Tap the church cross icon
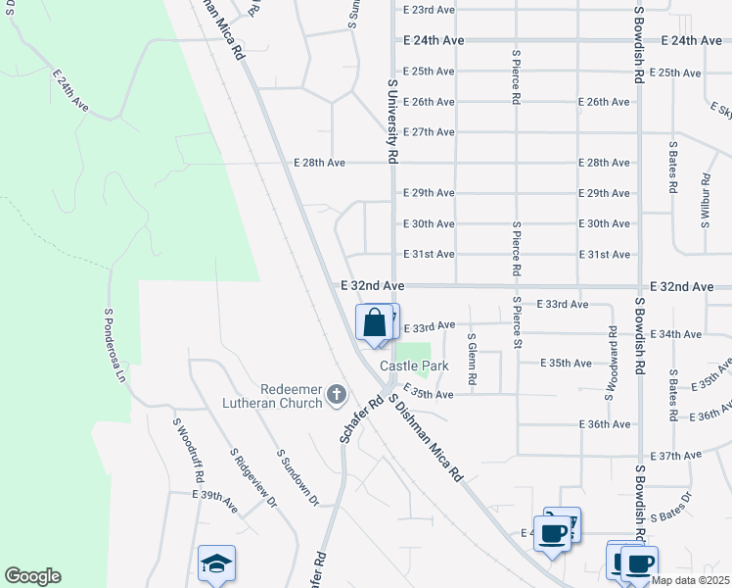(x=336, y=395)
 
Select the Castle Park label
(x=414, y=366)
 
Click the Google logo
(x=32, y=576)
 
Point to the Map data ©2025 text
(x=690, y=580)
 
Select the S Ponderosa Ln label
(x=115, y=346)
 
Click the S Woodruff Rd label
(x=188, y=451)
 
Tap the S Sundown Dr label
(x=297, y=478)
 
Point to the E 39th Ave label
(x=215, y=501)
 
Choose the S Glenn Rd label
(x=472, y=359)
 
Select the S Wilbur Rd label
(x=706, y=202)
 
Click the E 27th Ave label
(x=429, y=131)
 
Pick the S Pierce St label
(x=517, y=323)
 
